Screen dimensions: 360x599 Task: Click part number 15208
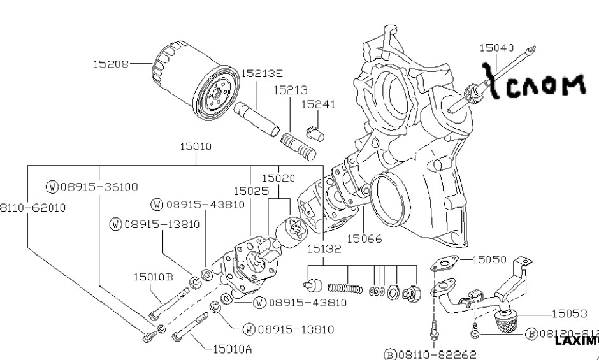pos(110,64)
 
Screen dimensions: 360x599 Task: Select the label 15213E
pos(261,73)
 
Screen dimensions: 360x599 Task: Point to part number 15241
pos(318,104)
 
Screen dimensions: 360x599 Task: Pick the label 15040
pos(496,48)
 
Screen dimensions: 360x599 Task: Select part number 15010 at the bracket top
pos(196,147)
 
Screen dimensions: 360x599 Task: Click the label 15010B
pos(153,277)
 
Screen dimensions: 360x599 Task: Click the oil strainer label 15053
pos(569,313)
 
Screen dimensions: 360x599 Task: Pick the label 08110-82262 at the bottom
pos(430,354)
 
